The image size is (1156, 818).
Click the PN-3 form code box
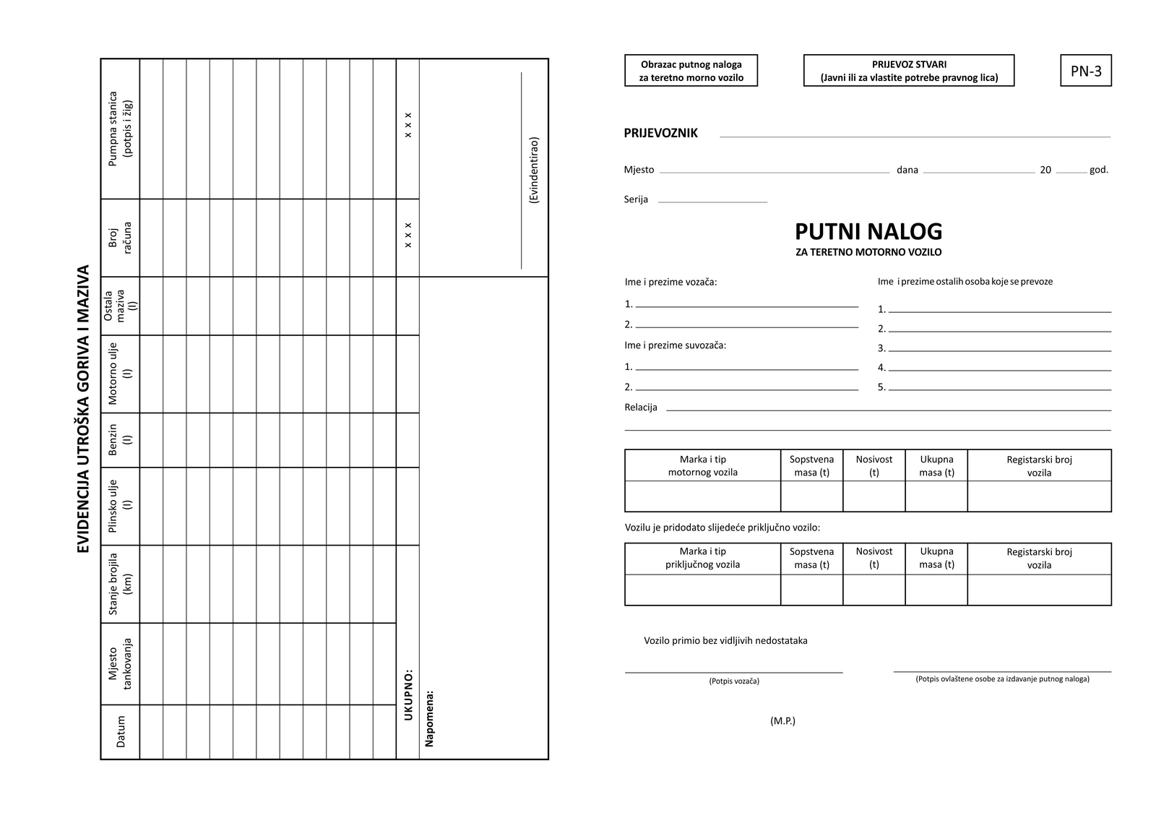[1085, 71]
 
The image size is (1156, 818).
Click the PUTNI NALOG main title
[868, 231]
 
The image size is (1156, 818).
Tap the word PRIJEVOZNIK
[660, 133]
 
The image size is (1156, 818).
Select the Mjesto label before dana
[639, 170]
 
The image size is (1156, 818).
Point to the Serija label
[636, 199]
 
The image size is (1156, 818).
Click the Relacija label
[641, 408]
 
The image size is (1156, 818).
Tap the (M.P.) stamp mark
[782, 720]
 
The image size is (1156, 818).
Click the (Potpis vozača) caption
[734, 681]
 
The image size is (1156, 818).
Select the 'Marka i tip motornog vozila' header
[702, 465]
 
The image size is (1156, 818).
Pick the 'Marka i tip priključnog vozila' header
[702, 558]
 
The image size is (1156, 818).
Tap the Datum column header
[121, 731]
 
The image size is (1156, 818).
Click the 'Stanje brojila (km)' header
[121, 584]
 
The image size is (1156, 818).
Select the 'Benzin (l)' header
[121, 440]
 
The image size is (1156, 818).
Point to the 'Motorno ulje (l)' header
[121, 374]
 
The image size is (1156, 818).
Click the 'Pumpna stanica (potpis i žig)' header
[121, 129]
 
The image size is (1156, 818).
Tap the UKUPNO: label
[408, 694]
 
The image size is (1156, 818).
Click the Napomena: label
[430, 718]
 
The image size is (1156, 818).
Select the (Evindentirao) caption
[534, 170]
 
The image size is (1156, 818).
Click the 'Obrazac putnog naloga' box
[691, 71]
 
